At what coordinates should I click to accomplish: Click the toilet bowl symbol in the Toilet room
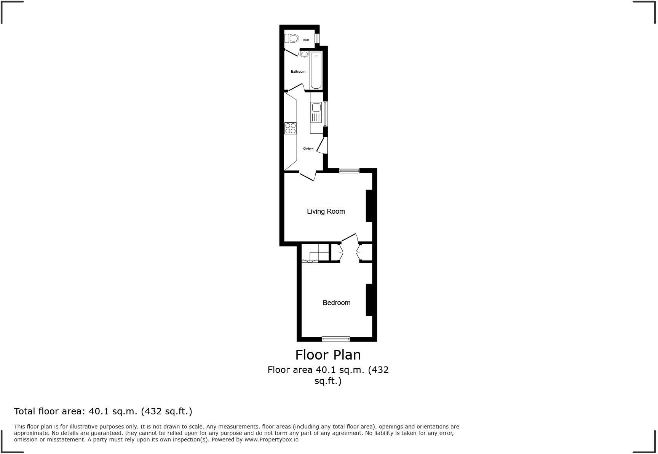[x=292, y=38]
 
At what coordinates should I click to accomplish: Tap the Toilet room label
[x=305, y=40]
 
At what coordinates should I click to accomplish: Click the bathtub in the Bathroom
[x=316, y=71]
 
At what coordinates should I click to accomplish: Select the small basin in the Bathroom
[x=304, y=54]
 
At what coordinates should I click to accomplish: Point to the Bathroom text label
[x=298, y=72]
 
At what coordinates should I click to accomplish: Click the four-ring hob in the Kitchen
[x=291, y=128]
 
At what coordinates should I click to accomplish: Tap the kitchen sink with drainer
[x=316, y=113]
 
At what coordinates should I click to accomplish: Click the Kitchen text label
[x=308, y=149]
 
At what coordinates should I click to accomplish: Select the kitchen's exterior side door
[x=323, y=146]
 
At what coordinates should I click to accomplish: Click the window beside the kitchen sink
[x=325, y=113]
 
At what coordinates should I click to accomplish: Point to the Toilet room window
[x=316, y=38]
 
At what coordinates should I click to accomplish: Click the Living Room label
[x=326, y=211]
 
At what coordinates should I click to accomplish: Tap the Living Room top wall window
[x=349, y=171]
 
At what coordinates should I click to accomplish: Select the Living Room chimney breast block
[x=369, y=206]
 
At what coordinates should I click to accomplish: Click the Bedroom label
[x=336, y=303]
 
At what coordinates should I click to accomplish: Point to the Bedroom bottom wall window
[x=335, y=339]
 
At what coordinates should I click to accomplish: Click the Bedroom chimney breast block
[x=369, y=300]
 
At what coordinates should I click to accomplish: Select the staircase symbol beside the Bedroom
[x=315, y=253]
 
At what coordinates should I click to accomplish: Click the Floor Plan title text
[x=328, y=355]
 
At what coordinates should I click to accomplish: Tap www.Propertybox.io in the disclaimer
[x=271, y=440]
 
